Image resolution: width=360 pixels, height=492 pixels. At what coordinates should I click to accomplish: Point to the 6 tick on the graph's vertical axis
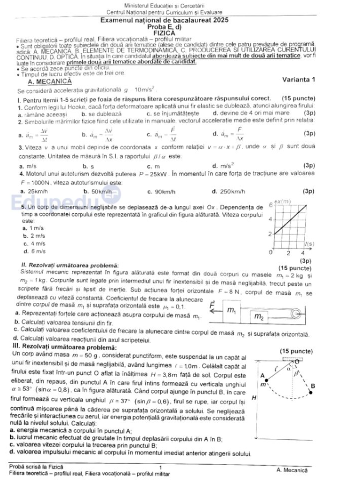tap(271, 205)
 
